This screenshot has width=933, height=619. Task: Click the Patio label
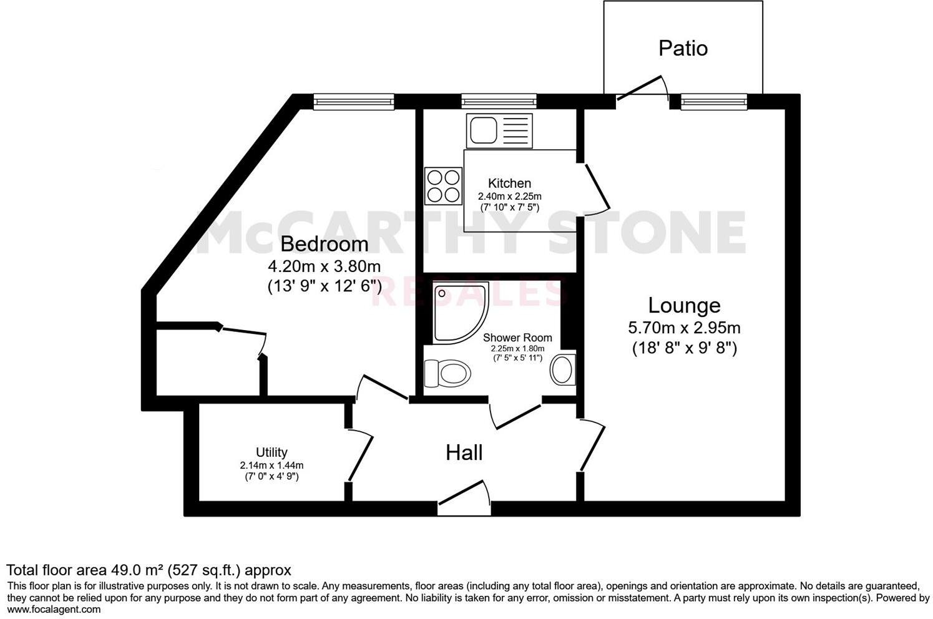pyautogui.click(x=683, y=49)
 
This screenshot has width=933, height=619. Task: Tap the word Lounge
pyautogui.click(x=684, y=306)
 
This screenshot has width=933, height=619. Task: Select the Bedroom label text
pyautogui.click(x=324, y=243)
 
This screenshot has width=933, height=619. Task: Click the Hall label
pyautogui.click(x=464, y=452)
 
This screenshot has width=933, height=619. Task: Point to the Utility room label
pyautogui.click(x=271, y=452)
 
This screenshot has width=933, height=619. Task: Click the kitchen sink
pyautogui.click(x=497, y=131)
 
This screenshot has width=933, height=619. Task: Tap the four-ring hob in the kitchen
pyautogui.click(x=443, y=186)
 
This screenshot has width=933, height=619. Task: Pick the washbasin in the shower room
pyautogui.click(x=563, y=369)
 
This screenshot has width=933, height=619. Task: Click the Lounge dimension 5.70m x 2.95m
pyautogui.click(x=684, y=327)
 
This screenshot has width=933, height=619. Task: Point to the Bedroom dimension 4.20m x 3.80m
pyautogui.click(x=324, y=266)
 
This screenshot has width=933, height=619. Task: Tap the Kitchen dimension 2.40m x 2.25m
pyautogui.click(x=509, y=196)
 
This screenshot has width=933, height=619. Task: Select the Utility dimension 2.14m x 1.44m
pyautogui.click(x=271, y=465)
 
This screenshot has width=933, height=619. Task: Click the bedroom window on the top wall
pyautogui.click(x=353, y=101)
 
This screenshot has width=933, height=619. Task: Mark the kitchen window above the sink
pyautogui.click(x=499, y=101)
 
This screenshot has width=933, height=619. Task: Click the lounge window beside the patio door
pyautogui.click(x=713, y=101)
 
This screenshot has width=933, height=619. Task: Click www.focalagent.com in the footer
pyautogui.click(x=54, y=610)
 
